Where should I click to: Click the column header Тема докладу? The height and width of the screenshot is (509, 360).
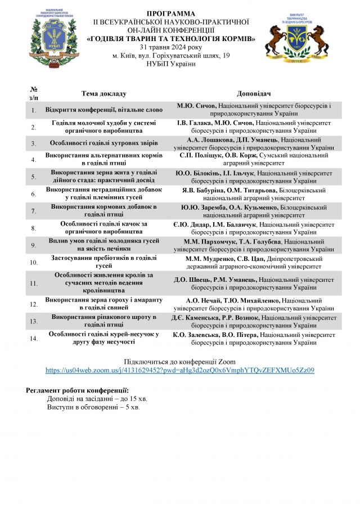click(104, 93)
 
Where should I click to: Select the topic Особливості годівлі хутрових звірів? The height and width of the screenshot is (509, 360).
click(104, 143)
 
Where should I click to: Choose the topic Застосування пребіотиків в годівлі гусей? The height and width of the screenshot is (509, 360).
click(104, 262)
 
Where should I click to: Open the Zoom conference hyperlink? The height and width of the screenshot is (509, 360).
click(179, 370)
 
